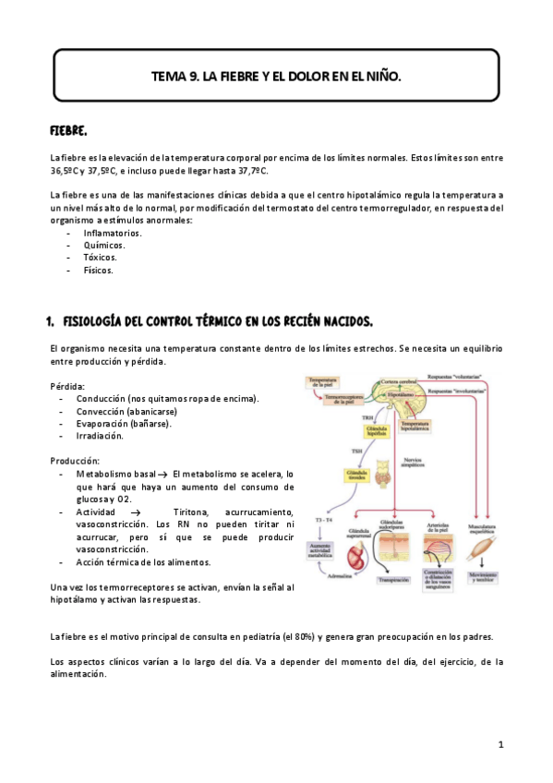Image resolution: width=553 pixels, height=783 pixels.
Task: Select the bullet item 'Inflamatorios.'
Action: click(112, 233)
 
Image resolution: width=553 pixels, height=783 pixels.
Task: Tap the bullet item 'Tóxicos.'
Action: click(100, 258)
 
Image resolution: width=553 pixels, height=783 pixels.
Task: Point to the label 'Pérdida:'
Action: click(67, 385)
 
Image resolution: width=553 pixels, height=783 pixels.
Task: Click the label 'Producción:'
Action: click(74, 461)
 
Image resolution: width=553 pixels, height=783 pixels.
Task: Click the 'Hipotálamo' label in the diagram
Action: click(402, 393)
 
